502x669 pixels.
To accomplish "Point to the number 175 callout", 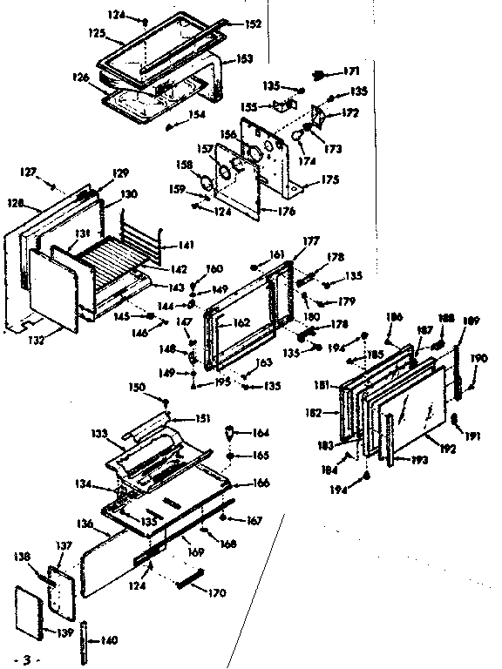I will [329, 180].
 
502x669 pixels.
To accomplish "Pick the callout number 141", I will [187, 247].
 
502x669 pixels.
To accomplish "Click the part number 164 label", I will [261, 433].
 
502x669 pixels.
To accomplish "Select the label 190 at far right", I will [479, 359].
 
